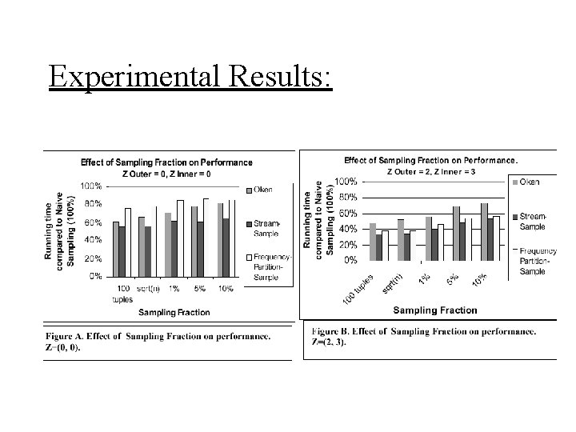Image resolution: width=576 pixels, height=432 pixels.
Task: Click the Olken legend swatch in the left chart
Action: (249, 190)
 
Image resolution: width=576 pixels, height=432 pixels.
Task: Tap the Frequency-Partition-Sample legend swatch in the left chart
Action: (249, 256)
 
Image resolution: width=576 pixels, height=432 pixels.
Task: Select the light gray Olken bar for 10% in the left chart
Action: (219, 239)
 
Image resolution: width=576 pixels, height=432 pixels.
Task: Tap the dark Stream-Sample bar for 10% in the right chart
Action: (490, 239)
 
